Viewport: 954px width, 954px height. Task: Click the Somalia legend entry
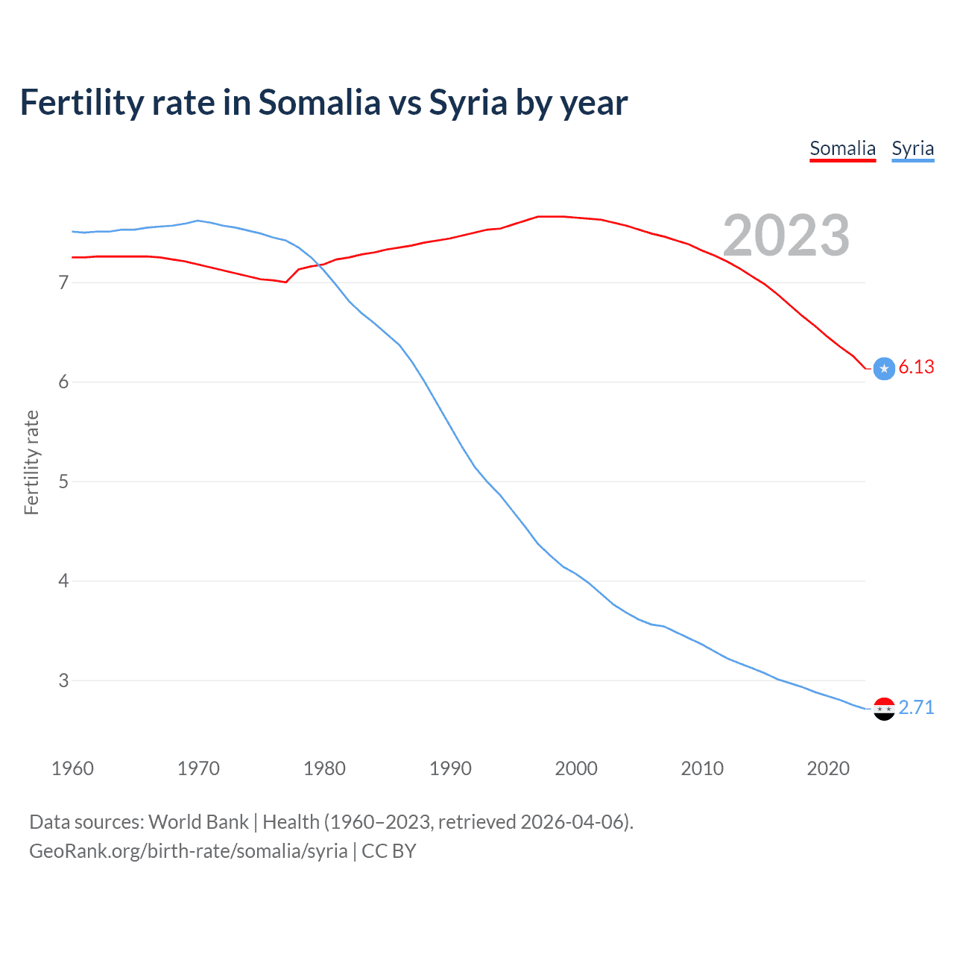pyautogui.click(x=842, y=148)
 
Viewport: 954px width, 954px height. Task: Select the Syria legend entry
pyautogui.click(x=912, y=148)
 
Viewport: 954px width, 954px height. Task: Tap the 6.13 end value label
pyautogui.click(x=916, y=367)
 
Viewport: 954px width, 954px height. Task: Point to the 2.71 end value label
pyautogui.click(x=916, y=707)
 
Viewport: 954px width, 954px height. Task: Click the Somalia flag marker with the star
pyautogui.click(x=884, y=368)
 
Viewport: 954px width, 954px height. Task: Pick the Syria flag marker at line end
pyautogui.click(x=884, y=709)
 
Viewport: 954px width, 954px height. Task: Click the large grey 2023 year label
pyautogui.click(x=786, y=236)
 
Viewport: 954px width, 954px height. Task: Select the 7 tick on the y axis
pyautogui.click(x=63, y=282)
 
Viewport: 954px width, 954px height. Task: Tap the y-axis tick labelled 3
pyautogui.click(x=63, y=680)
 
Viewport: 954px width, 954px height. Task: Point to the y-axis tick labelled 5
pyautogui.click(x=63, y=481)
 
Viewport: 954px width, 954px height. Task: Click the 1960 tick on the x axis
pyautogui.click(x=72, y=768)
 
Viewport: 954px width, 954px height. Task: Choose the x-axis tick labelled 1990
pyautogui.click(x=450, y=768)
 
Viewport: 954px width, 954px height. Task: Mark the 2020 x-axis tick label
pyautogui.click(x=828, y=768)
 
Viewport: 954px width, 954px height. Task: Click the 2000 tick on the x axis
pyautogui.click(x=576, y=768)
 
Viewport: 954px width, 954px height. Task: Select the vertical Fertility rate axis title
pyautogui.click(x=31, y=462)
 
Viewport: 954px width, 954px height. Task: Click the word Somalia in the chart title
pyautogui.click(x=319, y=102)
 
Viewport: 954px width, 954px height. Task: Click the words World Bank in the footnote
pyautogui.click(x=198, y=822)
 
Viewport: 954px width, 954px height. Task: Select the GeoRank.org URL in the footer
pyautogui.click(x=188, y=851)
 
